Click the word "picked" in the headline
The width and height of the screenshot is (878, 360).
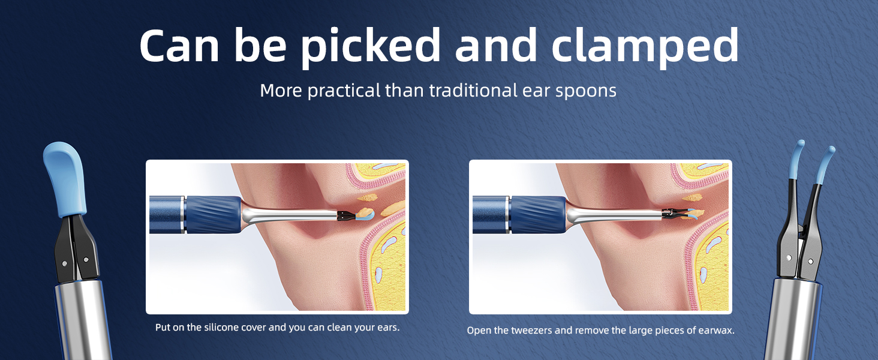pyautogui.click(x=371, y=46)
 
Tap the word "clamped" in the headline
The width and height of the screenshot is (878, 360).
pyautogui.click(x=645, y=46)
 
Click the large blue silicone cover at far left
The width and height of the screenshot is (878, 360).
pyautogui.click(x=65, y=178)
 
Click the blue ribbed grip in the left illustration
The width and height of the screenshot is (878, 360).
pyautogui.click(x=214, y=215)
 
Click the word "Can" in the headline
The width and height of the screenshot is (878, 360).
pyautogui.click(x=179, y=46)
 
